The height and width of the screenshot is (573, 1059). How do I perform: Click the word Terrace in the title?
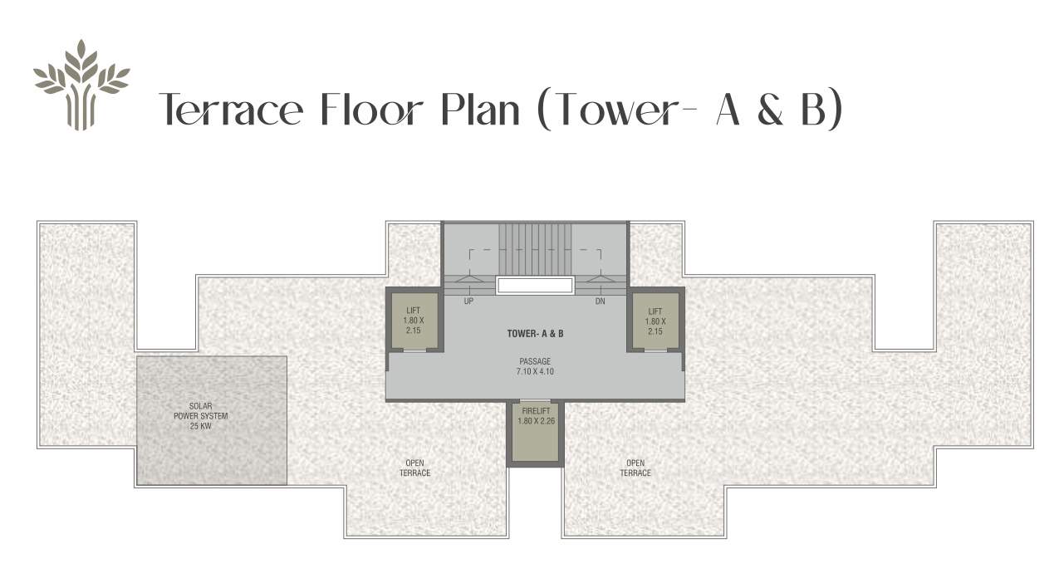[x=230, y=110]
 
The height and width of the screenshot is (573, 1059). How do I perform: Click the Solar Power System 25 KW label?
[x=201, y=416]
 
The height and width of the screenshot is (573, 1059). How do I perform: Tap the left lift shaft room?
[x=413, y=320]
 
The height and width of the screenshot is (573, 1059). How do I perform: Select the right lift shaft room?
[x=655, y=320]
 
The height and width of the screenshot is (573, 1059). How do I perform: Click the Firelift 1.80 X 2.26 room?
[x=535, y=433]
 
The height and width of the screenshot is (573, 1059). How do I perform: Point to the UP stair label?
[x=468, y=301]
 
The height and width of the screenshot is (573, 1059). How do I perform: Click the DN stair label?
[x=600, y=301]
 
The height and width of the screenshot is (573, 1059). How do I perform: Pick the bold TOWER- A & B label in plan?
[x=535, y=334]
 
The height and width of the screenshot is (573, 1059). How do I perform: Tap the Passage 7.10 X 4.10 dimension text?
[x=535, y=367]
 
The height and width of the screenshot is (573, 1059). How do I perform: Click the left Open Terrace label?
[x=417, y=468]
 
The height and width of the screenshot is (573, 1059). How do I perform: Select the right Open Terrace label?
[x=635, y=468]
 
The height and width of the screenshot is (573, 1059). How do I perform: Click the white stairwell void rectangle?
[x=535, y=286]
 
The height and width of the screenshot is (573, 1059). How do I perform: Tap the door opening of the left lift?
[x=414, y=350]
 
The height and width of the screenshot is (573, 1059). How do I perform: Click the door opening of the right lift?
[x=655, y=350]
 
